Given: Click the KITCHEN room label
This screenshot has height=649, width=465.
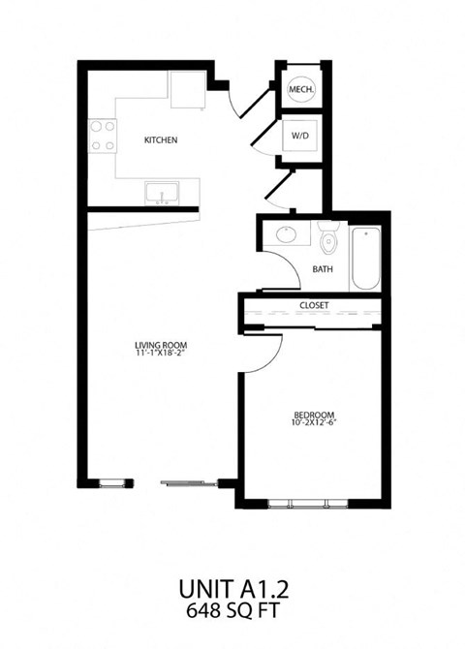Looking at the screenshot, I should [161, 140].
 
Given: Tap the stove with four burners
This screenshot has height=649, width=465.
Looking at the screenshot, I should [103, 136].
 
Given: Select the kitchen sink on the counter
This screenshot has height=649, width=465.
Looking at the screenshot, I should [161, 194].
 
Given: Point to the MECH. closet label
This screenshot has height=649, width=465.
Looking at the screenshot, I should [299, 90].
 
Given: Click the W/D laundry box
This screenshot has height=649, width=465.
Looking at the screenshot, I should [299, 135].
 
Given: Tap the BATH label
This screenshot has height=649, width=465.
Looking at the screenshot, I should [322, 270].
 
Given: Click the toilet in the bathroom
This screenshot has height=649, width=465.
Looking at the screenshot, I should [326, 240].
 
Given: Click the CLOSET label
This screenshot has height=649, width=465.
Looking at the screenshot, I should [314, 305].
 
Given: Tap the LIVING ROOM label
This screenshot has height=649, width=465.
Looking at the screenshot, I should [161, 345].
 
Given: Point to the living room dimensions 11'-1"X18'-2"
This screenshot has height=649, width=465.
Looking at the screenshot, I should [161, 355].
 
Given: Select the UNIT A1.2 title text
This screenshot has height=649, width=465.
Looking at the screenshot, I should [232, 588].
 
